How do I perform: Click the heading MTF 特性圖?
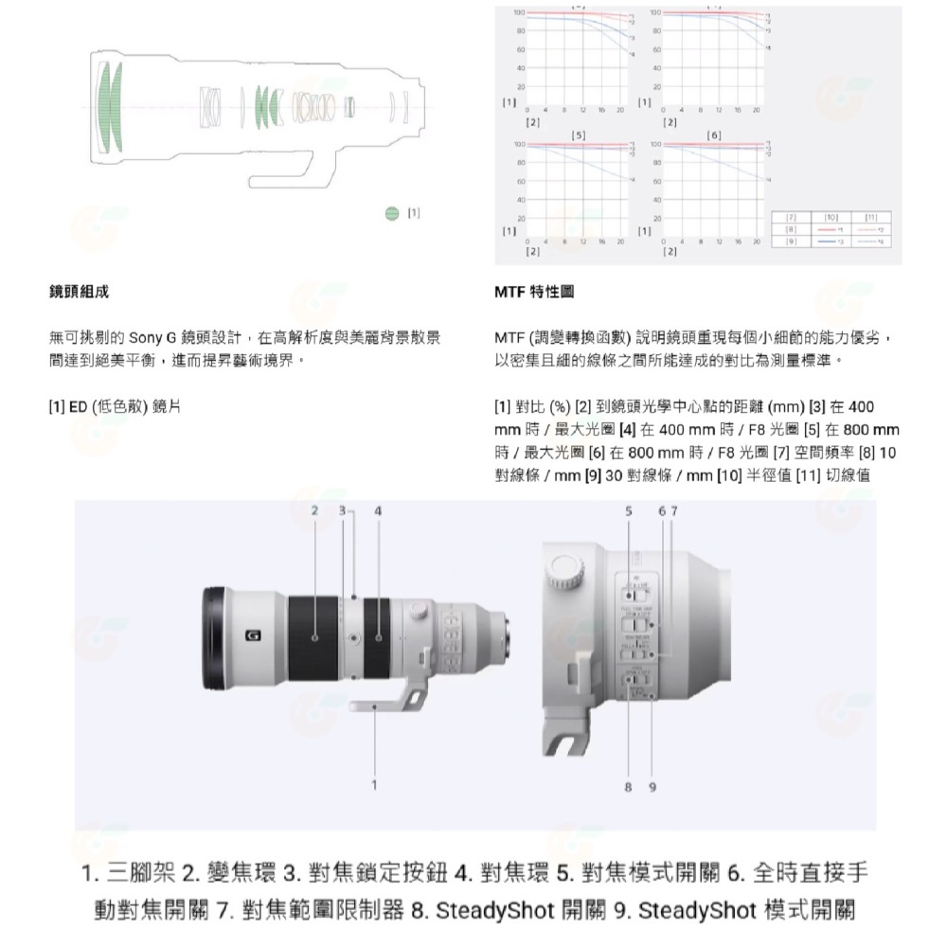[534, 293]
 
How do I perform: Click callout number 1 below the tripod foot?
[375, 784]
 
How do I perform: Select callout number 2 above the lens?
[314, 511]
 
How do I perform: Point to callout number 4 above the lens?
[378, 511]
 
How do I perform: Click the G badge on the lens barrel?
[252, 636]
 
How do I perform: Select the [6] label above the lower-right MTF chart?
[713, 135]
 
